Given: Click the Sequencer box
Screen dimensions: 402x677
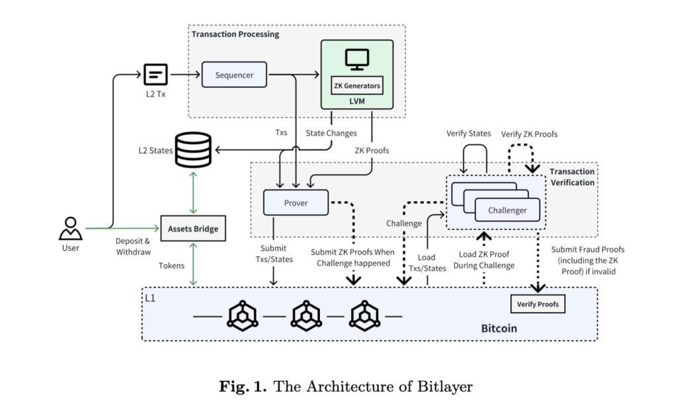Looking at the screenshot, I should click(234, 75).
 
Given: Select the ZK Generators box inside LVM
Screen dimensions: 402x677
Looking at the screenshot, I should click(357, 85).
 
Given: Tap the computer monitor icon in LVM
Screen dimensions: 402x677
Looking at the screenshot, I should click(357, 59).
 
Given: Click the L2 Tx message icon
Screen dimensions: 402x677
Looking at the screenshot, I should click(155, 74).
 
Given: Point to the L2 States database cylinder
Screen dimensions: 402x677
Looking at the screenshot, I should click(193, 149).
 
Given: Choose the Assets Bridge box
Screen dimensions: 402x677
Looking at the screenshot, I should click(192, 229).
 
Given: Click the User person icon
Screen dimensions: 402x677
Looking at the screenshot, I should click(70, 228).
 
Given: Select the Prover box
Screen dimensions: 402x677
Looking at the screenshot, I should click(296, 202).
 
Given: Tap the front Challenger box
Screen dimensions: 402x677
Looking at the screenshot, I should click(507, 210).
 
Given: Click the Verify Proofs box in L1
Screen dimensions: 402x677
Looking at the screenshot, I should click(538, 304).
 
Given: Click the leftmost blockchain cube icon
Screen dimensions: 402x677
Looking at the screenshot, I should click(243, 316).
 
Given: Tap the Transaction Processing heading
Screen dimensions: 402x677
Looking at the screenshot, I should click(235, 34).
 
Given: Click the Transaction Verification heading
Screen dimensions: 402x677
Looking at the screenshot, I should click(571, 177).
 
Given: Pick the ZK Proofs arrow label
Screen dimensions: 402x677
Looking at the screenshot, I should click(372, 150).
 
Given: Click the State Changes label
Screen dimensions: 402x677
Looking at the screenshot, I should click(331, 133).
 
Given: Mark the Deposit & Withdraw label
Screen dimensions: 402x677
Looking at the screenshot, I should click(133, 246).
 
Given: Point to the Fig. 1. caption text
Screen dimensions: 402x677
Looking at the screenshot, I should click(346, 386).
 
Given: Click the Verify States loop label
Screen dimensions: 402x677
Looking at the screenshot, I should click(468, 134).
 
